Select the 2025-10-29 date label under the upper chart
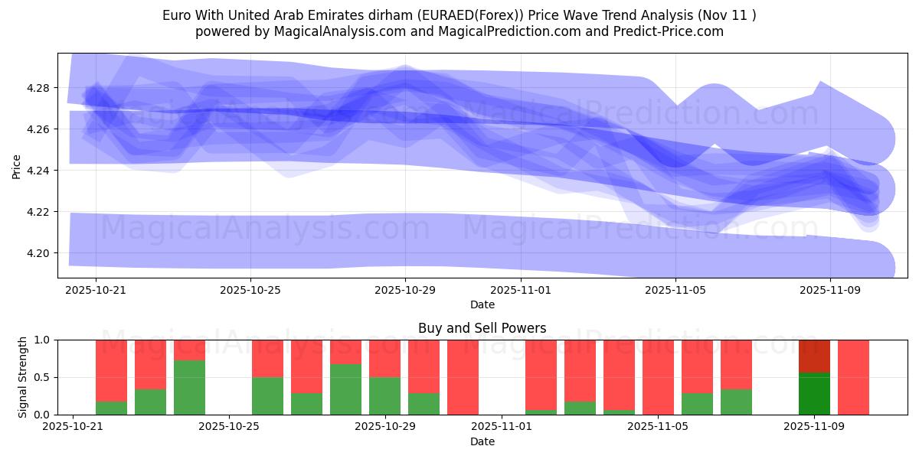point(405,291)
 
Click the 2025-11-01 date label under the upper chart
point(521,291)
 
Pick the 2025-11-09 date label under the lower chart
point(813,428)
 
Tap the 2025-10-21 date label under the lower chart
point(73,428)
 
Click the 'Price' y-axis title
point(17,165)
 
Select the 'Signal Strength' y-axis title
point(23,377)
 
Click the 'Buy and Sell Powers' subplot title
point(482,328)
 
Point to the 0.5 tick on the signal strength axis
point(42,377)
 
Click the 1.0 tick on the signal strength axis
point(42,340)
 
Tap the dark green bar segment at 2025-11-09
point(814,393)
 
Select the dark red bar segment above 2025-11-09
point(814,356)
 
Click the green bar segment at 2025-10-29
point(384,396)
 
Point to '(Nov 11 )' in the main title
point(728,15)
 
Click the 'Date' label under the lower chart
point(482,441)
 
